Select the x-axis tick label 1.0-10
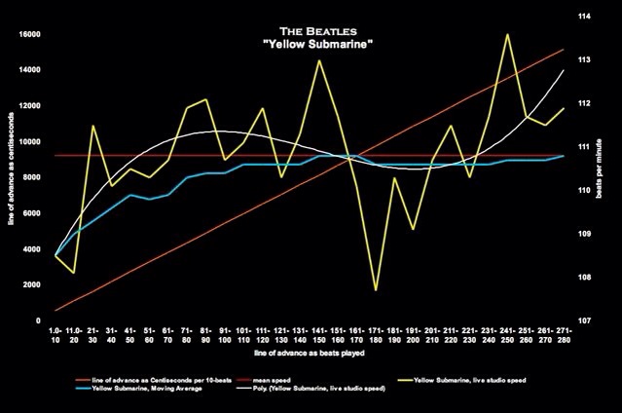pyautogui.click(x=56, y=336)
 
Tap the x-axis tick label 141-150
pyautogui.click(x=319, y=336)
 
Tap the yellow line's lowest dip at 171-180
pyautogui.click(x=376, y=289)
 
